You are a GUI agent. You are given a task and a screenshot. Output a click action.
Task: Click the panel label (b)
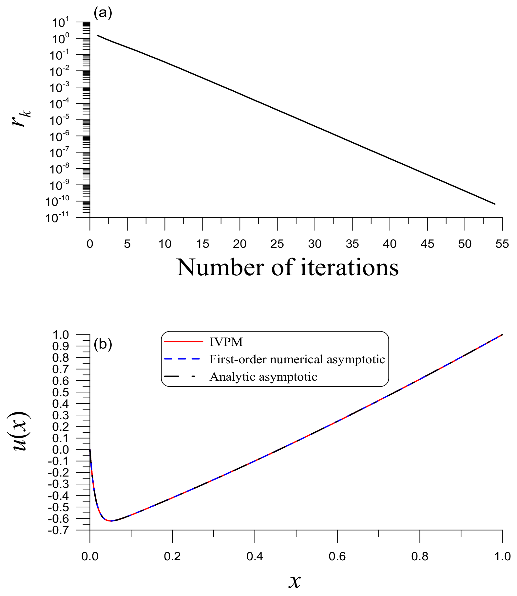click(103, 344)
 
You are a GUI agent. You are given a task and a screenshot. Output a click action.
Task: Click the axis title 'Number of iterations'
click(288, 268)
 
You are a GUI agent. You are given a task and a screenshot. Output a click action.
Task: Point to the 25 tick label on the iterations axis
click(277, 244)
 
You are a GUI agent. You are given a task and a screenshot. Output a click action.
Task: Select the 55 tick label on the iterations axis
click(502, 244)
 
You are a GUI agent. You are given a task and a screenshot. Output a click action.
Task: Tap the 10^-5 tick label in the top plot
click(60, 120)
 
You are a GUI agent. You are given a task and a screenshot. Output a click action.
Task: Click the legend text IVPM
click(226, 342)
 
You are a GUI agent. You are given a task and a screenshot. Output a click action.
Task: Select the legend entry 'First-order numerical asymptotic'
click(297, 359)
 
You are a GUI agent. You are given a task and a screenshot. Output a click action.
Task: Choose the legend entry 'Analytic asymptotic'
click(263, 377)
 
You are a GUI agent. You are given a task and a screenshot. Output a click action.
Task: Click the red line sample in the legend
click(183, 342)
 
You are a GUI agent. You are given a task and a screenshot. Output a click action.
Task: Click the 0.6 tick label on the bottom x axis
click(337, 556)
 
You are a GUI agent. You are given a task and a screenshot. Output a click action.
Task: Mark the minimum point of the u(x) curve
click(111, 521)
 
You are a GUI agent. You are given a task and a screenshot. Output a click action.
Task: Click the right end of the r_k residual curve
click(495, 204)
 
